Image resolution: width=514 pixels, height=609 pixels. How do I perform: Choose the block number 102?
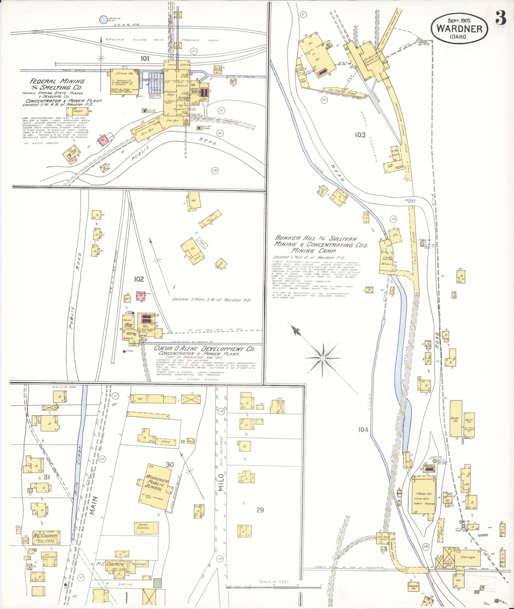click(x=139, y=279)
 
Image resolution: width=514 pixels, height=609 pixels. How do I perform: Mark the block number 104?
click(x=363, y=430)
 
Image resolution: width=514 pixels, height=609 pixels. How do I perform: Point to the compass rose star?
click(x=322, y=358)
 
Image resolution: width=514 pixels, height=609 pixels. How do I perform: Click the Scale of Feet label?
click(x=274, y=581)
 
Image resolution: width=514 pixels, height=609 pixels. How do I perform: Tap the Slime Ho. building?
click(x=124, y=74)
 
